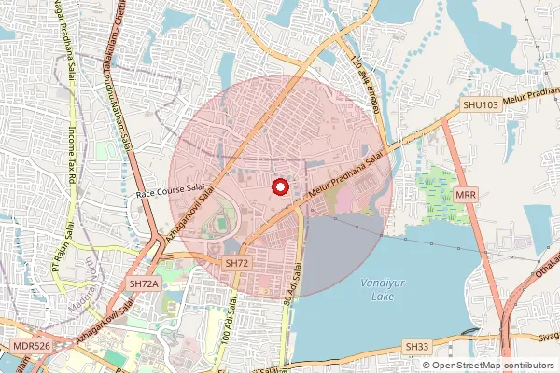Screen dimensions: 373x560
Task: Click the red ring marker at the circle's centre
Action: (279, 186)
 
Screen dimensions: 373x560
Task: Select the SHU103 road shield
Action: (482, 105)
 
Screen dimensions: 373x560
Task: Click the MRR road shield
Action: (468, 195)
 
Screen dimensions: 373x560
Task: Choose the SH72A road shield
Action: (145, 283)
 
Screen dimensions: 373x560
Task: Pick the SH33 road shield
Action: (417, 347)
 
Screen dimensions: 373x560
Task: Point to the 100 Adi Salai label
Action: (230, 331)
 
